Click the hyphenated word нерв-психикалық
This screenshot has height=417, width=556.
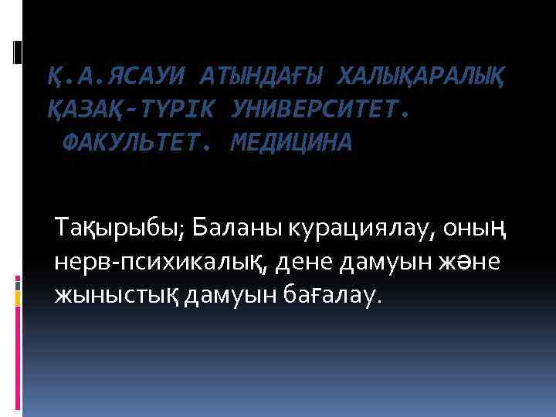tap(158, 263)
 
